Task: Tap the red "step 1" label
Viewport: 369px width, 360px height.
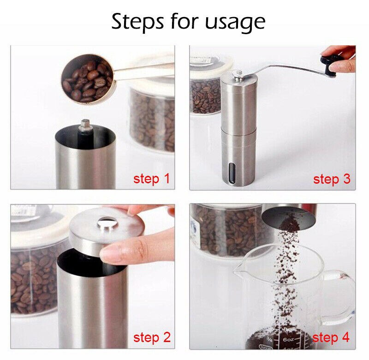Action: pyautogui.click(x=151, y=179)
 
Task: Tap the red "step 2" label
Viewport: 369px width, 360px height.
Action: pyautogui.click(x=151, y=337)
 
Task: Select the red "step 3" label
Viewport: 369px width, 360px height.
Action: pyautogui.click(x=331, y=179)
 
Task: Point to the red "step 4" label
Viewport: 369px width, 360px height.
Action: pyautogui.click(x=331, y=337)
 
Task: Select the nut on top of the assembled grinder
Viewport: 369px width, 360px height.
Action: pyautogui.click(x=238, y=73)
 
